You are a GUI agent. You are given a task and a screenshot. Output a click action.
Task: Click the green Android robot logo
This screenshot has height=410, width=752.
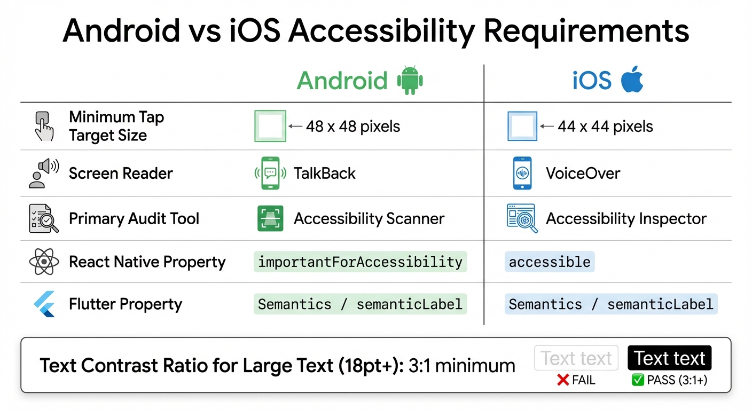pos(410,80)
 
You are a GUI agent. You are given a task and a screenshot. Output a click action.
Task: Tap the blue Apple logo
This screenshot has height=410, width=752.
pos(632,80)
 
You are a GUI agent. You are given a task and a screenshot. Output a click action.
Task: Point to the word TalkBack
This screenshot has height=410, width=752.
pos(324,174)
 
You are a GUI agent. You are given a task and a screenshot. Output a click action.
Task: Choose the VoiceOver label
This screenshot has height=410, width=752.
pos(583,174)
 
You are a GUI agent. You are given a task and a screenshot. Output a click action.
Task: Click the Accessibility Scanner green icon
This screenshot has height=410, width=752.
pos(270,218)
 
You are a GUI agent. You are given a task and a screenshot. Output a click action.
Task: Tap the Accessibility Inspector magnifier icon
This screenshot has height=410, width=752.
pos(521,218)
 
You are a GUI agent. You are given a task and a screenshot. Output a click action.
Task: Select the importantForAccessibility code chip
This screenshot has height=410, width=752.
pos(360,262)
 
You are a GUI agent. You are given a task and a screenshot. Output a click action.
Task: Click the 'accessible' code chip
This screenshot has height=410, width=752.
pos(550,262)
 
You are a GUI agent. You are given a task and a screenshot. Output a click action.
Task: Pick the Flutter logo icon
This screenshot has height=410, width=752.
pos(44,304)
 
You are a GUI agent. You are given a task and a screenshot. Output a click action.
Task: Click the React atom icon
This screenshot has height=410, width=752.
pos(44,262)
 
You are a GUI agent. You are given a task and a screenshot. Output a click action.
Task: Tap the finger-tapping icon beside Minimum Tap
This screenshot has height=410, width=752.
pos(44,126)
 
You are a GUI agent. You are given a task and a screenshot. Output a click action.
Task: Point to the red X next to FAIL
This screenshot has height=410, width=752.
pos(562,380)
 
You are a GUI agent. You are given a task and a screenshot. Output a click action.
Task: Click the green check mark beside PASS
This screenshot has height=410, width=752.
pos(637,380)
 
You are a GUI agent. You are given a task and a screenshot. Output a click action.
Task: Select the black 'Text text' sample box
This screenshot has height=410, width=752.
pos(669,358)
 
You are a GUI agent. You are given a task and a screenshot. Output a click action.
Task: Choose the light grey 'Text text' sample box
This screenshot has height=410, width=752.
pos(576,358)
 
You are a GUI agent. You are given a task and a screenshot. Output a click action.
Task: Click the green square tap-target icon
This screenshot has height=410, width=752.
pos(270,127)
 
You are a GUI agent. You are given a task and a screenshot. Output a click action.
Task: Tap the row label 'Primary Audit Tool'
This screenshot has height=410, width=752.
pos(134,218)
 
